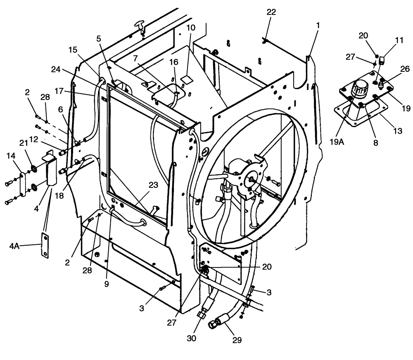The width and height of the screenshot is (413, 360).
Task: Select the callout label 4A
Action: [14, 246]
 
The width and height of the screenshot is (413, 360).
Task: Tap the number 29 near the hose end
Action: [237, 340]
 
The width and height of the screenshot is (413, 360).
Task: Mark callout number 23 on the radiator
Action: [154, 186]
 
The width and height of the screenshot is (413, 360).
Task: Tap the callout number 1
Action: [318, 25]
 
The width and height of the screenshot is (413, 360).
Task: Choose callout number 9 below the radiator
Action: [107, 284]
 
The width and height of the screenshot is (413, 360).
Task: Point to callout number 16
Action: [174, 62]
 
